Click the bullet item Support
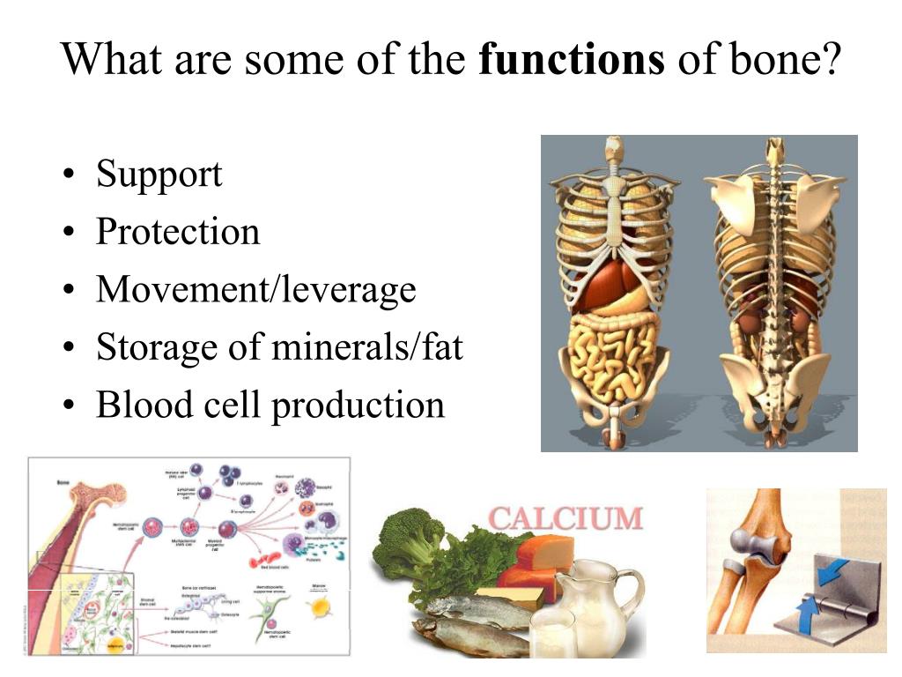(x=159, y=174)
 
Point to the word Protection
(x=178, y=232)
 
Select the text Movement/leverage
(x=255, y=290)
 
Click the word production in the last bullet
(x=357, y=405)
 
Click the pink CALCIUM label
(x=565, y=518)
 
